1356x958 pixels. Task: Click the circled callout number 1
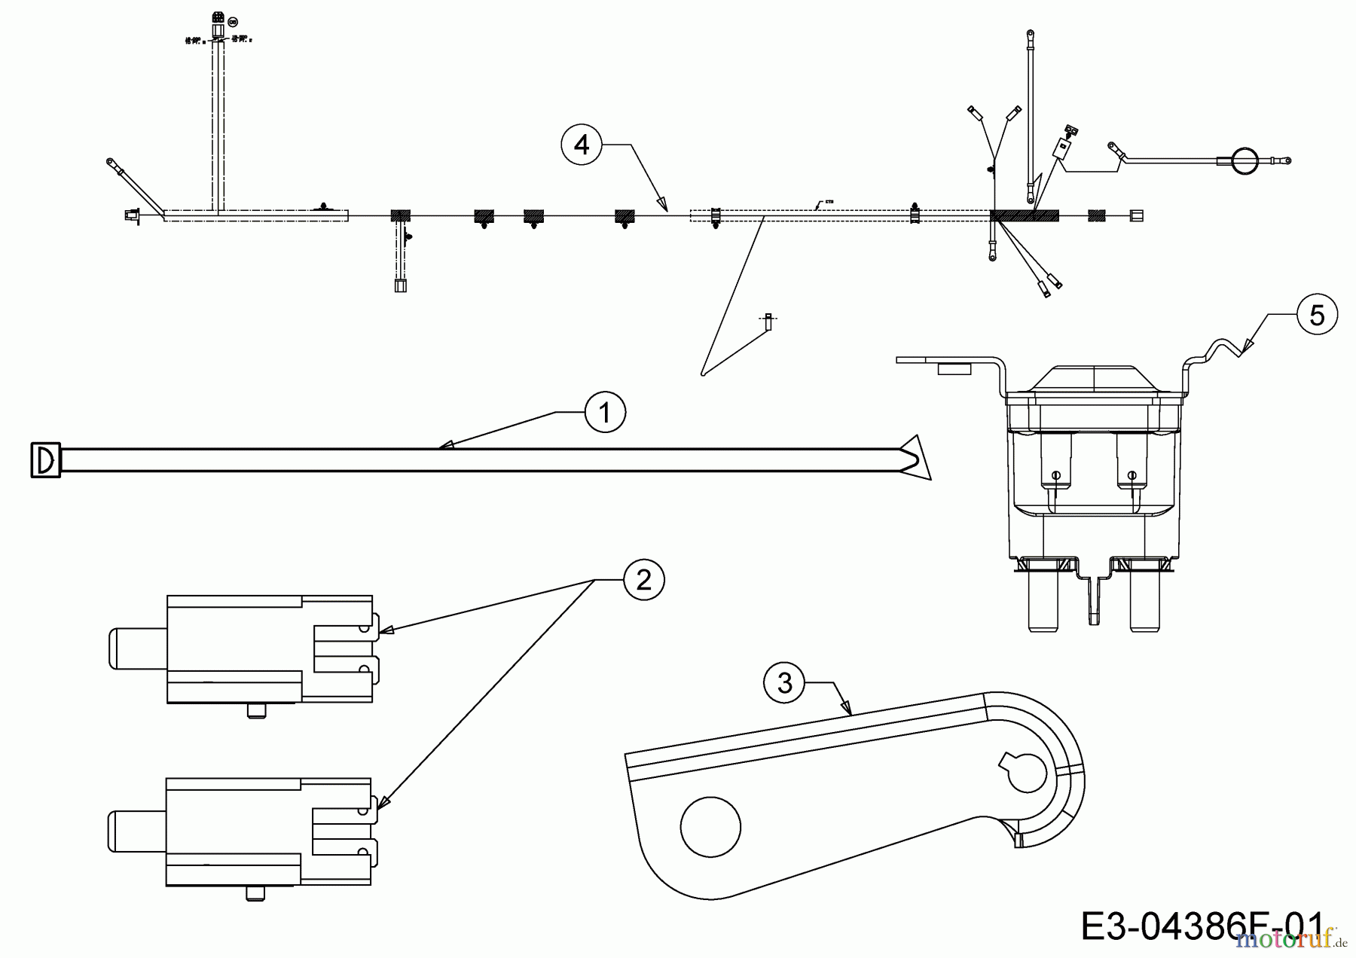[605, 412]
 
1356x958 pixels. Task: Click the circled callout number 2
[643, 580]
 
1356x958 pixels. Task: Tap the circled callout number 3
[784, 682]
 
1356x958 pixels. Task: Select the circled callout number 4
[582, 145]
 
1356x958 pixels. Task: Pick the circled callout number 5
[1317, 315]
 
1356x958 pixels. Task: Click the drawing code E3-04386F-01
[1201, 926]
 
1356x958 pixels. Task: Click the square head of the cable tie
[45, 459]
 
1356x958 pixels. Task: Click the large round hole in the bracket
[710, 826]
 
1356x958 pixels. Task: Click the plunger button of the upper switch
[136, 648]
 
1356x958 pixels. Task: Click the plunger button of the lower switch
[136, 831]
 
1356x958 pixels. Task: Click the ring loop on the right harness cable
[1245, 160]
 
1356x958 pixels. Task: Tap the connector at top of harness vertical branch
[218, 23]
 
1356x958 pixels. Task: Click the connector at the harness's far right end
[1137, 216]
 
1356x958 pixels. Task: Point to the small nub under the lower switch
[256, 893]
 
